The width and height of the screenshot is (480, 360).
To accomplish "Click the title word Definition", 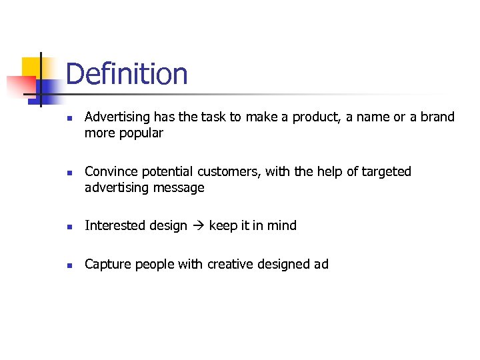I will pyautogui.click(x=127, y=73).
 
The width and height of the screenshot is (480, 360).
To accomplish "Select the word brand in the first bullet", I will pyautogui.click(x=437, y=117).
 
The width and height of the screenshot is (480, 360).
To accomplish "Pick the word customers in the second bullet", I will pyautogui.click(x=228, y=172).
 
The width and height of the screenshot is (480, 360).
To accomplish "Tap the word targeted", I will pyautogui.click(x=387, y=172).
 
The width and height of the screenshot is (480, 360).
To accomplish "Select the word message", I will pyautogui.click(x=179, y=188).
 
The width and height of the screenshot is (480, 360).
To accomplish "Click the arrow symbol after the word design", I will pyautogui.click(x=198, y=226).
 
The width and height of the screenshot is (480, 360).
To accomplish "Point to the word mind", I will pyautogui.click(x=282, y=226).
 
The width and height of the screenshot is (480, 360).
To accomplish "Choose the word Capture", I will pyautogui.click(x=108, y=265).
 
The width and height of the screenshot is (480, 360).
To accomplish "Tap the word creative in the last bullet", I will pyautogui.click(x=232, y=265).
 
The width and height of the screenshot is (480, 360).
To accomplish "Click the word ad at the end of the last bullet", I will pyautogui.click(x=321, y=265).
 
